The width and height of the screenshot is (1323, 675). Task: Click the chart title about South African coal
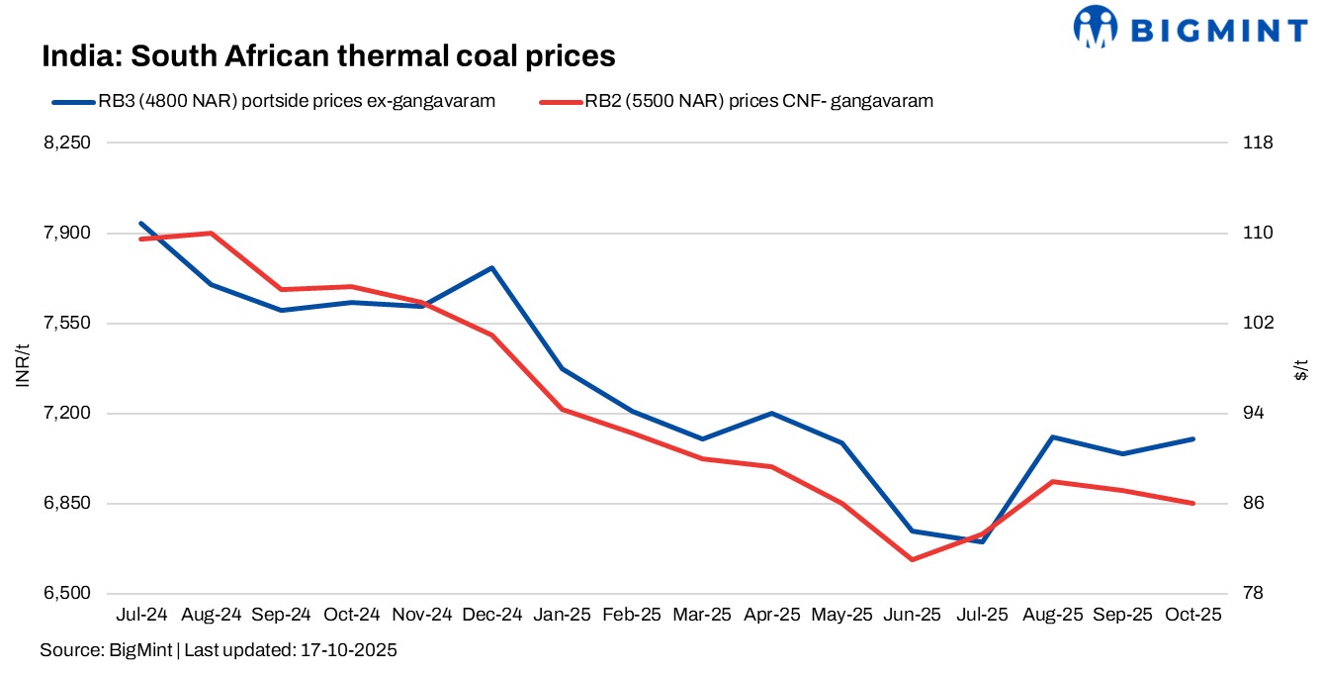tap(328, 56)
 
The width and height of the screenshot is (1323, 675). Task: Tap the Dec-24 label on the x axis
tap(492, 615)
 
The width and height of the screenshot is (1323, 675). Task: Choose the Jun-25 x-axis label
tap(913, 615)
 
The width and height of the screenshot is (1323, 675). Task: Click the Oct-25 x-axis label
tap(1193, 615)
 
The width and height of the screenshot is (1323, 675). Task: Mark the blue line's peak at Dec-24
tap(492, 268)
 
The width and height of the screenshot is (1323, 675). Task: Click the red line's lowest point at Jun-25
tap(913, 559)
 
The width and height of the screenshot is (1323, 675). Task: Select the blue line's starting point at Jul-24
tap(141, 224)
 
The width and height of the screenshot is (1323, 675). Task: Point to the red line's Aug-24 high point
tap(212, 234)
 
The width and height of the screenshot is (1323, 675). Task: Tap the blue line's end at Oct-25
tap(1193, 438)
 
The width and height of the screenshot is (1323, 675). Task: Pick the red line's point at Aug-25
tap(1053, 482)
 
